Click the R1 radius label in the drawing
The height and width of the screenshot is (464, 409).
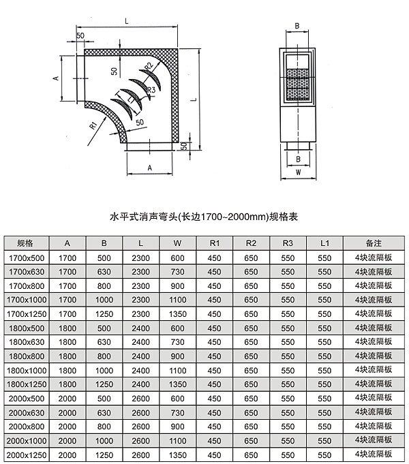(x=93, y=125)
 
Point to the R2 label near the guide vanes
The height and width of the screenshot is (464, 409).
(x=149, y=66)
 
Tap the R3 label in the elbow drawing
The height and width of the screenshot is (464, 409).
(x=151, y=90)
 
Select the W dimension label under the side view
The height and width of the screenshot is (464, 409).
(x=299, y=172)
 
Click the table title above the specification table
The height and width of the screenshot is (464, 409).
(x=204, y=217)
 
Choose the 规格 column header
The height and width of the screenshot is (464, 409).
(x=25, y=243)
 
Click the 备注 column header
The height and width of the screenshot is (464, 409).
(x=374, y=243)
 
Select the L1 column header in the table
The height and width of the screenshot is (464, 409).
(x=324, y=243)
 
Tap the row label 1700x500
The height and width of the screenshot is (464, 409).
(x=27, y=258)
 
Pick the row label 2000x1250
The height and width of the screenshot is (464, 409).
(x=27, y=455)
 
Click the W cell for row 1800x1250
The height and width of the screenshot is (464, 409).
(x=178, y=384)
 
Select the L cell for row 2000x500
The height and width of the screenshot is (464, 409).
(x=140, y=399)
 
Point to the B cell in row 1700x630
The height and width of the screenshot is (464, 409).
(x=104, y=272)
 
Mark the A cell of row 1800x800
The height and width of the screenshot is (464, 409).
(x=67, y=356)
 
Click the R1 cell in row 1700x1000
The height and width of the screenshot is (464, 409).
(x=214, y=300)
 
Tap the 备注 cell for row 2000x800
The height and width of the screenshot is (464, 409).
(x=374, y=427)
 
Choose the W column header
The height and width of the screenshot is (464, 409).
(x=177, y=243)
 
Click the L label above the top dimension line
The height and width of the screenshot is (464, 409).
(x=127, y=21)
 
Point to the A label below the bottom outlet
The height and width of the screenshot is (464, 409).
(x=149, y=168)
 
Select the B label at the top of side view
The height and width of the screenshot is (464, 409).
(x=297, y=26)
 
